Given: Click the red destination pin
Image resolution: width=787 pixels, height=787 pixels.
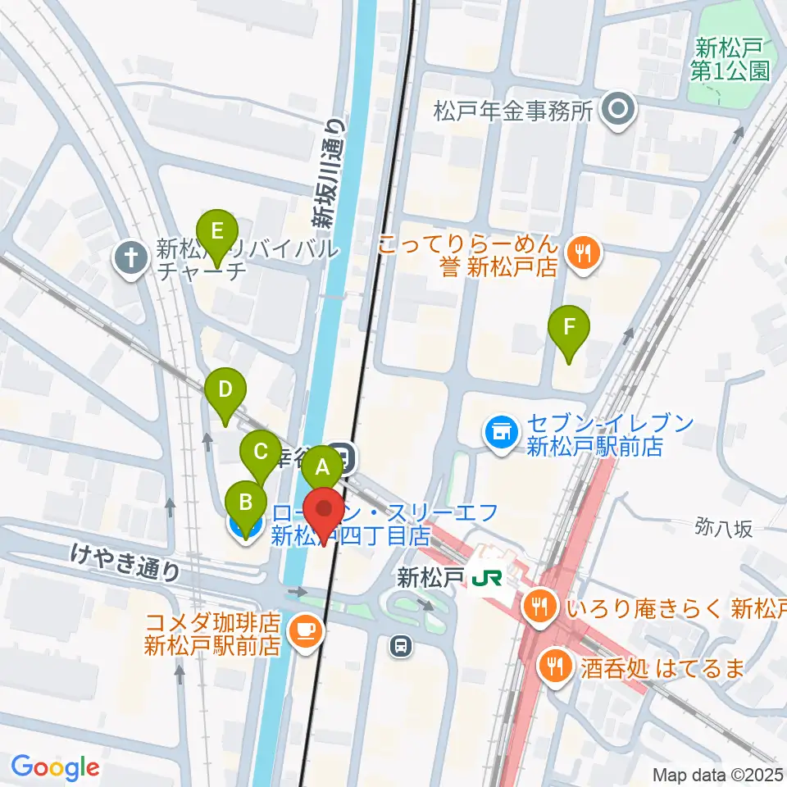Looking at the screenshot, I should point(325,512).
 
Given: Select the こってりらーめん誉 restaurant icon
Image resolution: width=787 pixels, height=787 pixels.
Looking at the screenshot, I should point(583,253).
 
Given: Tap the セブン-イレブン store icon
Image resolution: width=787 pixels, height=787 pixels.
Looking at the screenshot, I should point(500,432).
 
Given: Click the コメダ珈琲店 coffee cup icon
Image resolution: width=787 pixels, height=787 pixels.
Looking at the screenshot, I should point(305,630).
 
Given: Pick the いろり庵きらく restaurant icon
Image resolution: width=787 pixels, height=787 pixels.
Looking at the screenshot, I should point(539,607).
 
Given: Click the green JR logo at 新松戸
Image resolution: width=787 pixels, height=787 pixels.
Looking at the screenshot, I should point(486,578).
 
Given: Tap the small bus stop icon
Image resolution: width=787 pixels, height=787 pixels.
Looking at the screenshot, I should point(401,646).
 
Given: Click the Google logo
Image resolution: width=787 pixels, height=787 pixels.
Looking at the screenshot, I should point(55,767).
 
